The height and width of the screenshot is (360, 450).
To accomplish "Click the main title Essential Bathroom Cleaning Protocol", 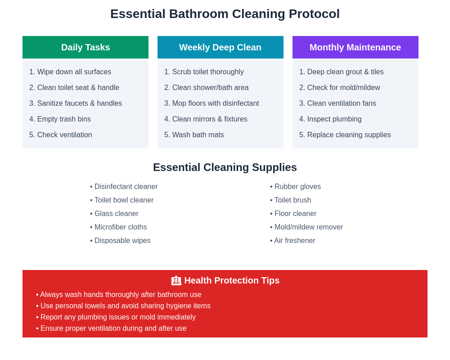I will [225, 14].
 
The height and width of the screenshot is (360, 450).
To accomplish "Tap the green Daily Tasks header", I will [85, 47].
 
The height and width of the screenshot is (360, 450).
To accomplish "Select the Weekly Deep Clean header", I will [220, 47].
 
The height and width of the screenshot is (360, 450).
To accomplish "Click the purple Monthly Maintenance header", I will [355, 47].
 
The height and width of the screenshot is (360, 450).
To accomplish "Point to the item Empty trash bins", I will [60, 119].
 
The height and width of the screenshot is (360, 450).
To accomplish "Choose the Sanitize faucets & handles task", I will [76, 103].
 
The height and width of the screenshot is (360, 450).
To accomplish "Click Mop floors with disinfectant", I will [211, 103].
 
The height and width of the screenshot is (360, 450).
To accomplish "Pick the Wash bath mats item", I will [194, 135].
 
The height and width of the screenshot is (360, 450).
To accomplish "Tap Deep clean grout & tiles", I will [342, 72].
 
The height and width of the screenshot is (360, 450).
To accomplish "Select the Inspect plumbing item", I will [330, 119].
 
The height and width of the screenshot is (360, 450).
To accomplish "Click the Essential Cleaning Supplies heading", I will [225, 167].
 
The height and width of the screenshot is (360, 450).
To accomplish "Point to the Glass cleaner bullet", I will [114, 214].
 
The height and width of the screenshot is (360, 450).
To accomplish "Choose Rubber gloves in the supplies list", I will [296, 187].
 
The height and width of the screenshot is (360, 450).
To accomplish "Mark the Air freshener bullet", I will [292, 241].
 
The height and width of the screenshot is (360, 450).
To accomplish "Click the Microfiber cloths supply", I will [118, 227].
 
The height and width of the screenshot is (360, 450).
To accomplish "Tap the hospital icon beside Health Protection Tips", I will [176, 281].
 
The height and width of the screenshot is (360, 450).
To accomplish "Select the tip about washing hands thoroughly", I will [119, 295].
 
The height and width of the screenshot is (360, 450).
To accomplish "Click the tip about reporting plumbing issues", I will [116, 317].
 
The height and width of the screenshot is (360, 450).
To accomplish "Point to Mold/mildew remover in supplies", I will [306, 227].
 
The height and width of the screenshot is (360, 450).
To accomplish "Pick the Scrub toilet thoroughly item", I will [204, 72].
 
